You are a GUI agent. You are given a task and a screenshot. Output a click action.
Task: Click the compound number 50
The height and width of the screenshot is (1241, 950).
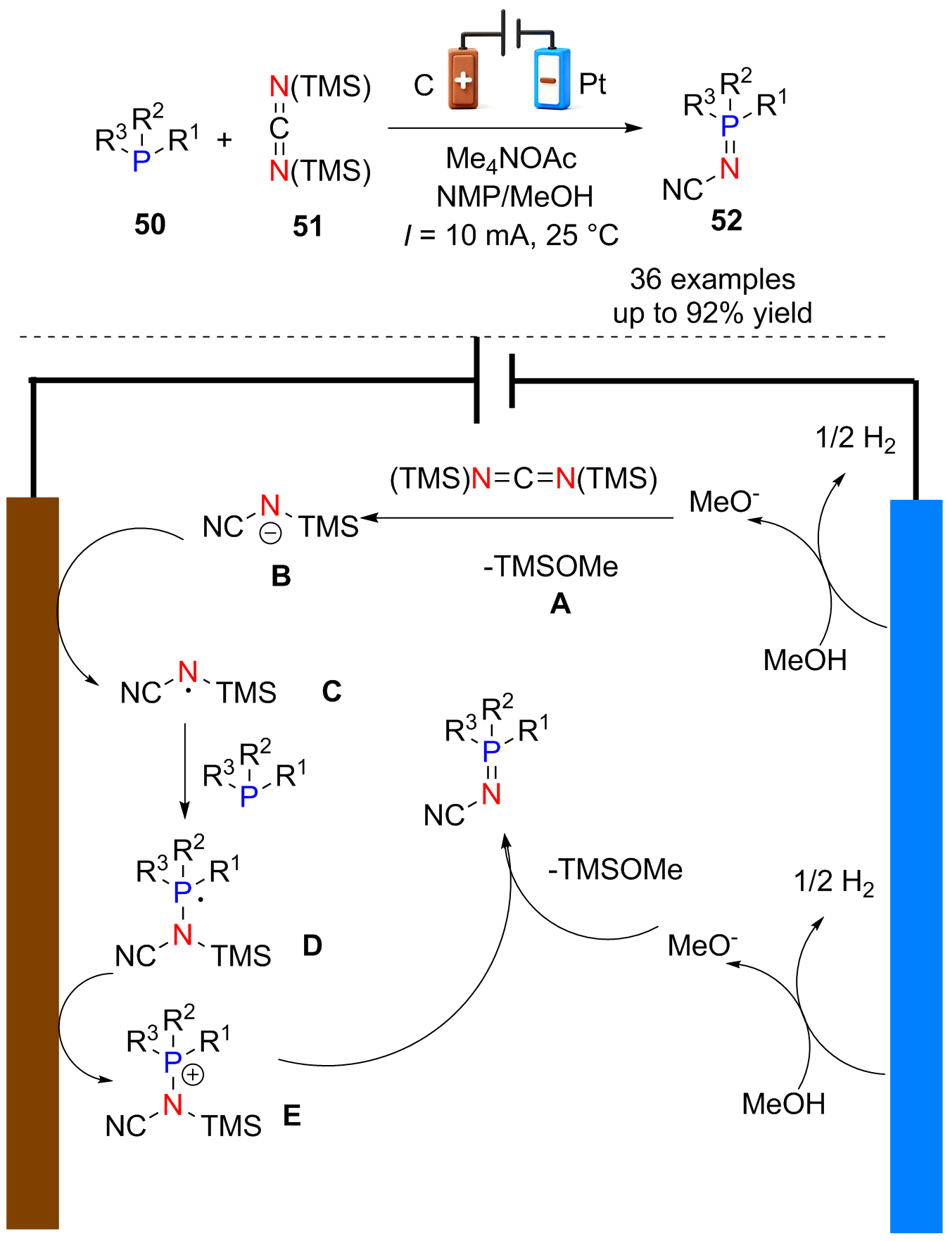[150, 225]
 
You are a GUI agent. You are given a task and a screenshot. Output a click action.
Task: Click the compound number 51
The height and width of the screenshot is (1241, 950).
[308, 227]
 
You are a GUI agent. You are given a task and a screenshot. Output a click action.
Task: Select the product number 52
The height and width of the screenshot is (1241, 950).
[726, 221]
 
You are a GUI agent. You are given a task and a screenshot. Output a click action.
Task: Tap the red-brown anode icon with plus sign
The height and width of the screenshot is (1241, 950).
[463, 78]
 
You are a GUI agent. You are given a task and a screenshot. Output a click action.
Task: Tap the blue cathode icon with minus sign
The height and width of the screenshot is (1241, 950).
[552, 78]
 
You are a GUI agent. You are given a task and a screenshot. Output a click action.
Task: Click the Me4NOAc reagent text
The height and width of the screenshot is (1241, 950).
[511, 159]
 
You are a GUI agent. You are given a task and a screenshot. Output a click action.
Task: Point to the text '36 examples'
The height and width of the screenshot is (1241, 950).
[712, 279]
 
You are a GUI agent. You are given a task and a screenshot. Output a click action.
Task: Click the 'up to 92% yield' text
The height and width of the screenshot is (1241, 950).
[712, 313]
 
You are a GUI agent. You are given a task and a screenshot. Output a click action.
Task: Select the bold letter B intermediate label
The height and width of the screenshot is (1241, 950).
[281, 576]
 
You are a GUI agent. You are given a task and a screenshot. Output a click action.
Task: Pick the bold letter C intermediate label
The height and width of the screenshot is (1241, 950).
[331, 691]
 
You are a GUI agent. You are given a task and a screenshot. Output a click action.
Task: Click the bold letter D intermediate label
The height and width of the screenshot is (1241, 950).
[312, 945]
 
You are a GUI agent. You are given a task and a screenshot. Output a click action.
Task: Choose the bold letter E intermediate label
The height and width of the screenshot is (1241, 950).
[292, 1116]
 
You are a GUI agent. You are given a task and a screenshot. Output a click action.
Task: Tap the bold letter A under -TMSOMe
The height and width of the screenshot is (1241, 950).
[560, 603]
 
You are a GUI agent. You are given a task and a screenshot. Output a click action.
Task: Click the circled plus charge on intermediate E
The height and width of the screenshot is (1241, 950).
[193, 1075]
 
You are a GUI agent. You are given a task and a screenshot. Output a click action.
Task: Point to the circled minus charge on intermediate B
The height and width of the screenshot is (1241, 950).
[270, 534]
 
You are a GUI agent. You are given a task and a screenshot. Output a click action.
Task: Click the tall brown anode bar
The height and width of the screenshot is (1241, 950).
[32, 863]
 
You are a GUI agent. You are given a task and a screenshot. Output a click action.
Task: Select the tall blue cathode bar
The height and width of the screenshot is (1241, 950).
[916, 866]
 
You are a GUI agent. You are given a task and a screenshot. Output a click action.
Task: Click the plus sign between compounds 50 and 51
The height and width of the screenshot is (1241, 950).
[224, 140]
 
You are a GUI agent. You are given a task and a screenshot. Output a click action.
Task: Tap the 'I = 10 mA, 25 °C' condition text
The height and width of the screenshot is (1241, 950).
[512, 235]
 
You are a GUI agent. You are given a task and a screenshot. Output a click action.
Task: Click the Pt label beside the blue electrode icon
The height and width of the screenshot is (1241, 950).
[593, 84]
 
